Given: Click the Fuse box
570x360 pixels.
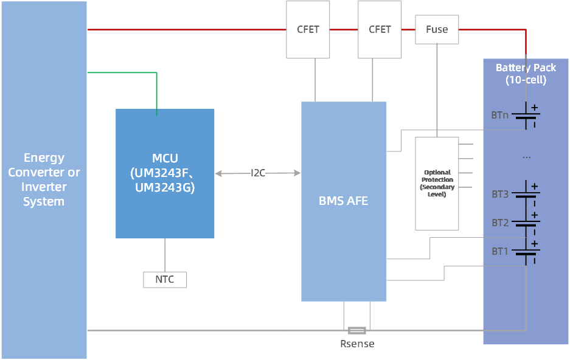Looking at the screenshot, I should pyautogui.click(x=437, y=30).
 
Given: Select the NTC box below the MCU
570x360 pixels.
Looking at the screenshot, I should pyautogui.click(x=165, y=280).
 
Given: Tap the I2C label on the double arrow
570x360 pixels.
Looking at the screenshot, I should pyautogui.click(x=258, y=173).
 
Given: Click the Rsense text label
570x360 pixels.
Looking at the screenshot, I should pyautogui.click(x=357, y=344).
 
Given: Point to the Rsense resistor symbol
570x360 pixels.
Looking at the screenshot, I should pyautogui.click(x=357, y=331).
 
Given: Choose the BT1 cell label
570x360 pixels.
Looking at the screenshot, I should pyautogui.click(x=500, y=251).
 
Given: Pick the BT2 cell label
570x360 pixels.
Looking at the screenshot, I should pyautogui.click(x=500, y=223).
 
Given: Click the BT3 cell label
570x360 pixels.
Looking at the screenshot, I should pyautogui.click(x=500, y=195).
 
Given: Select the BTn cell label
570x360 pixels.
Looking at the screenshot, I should pyautogui.click(x=500, y=114).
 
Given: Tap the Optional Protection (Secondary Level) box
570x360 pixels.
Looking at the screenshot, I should pyautogui.click(x=437, y=183).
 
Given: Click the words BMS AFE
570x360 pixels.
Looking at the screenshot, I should pyautogui.click(x=344, y=201).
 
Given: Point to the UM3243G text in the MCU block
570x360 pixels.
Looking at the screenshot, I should pyautogui.click(x=165, y=188).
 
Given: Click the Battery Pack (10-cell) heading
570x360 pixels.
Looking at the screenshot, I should pyautogui.click(x=526, y=74).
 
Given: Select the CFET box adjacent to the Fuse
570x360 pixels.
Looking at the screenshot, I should pyautogui.click(x=380, y=30).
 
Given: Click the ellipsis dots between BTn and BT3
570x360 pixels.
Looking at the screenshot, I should pyautogui.click(x=526, y=157).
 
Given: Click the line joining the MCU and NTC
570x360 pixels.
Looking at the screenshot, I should pyautogui.click(x=165, y=255).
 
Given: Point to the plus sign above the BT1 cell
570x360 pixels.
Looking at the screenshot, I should pyautogui.click(x=535, y=244).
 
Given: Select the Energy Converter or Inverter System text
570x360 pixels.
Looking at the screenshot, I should pyautogui.click(x=44, y=180).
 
